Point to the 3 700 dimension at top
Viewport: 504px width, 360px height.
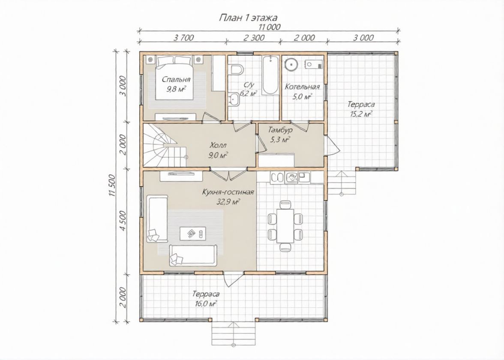(183, 38)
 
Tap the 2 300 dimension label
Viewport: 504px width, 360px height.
(254, 38)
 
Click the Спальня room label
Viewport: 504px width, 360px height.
(176, 79)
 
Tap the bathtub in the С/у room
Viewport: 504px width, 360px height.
(270, 75)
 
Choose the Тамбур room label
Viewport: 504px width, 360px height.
(280, 130)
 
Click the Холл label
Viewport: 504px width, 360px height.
(218, 145)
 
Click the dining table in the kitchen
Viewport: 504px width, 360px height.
(285, 225)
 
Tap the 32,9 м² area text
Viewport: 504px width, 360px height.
(228, 202)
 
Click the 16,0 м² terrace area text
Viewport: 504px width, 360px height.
(206, 303)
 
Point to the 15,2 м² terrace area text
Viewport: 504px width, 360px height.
(361, 114)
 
